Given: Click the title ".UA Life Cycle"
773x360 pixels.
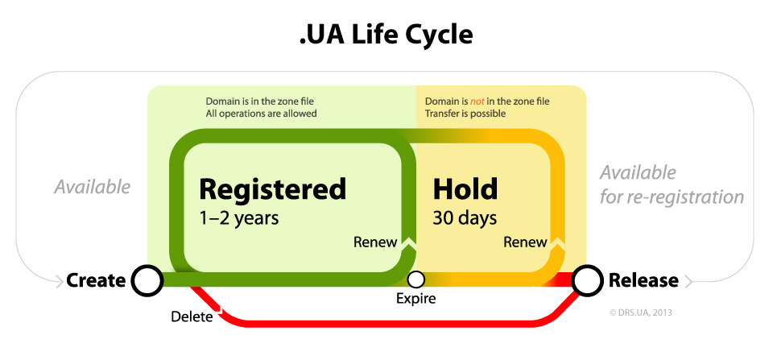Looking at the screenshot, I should coord(386,35).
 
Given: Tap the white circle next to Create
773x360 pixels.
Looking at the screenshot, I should coord(147,280).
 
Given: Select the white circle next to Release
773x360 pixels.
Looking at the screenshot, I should coord(588,280).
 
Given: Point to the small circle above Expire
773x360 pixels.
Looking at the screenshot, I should coord(415,280).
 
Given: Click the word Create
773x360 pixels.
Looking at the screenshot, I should coord(96,280).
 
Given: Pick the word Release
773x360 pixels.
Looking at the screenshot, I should coord(643,280).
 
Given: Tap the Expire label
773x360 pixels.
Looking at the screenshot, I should coord(415,299).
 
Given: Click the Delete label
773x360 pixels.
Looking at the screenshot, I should coord(192,317).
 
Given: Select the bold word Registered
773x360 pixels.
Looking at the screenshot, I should coord(272,189).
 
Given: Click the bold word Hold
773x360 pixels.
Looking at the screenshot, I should coord(465,189).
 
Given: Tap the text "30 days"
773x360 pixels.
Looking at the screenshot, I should coord(465,217).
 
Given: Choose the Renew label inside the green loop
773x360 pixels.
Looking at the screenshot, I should coord(374,242).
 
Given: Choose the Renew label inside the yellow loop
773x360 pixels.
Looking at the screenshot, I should coord(525,242).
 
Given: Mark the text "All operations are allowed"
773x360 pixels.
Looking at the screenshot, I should coord(261,114).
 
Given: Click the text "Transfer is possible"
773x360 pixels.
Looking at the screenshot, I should coord(465,114).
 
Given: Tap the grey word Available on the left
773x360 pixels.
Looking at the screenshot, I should coord(92,187).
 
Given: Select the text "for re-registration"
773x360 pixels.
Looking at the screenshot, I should coord(672,197).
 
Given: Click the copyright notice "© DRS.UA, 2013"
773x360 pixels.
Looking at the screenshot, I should coord(641,312).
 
